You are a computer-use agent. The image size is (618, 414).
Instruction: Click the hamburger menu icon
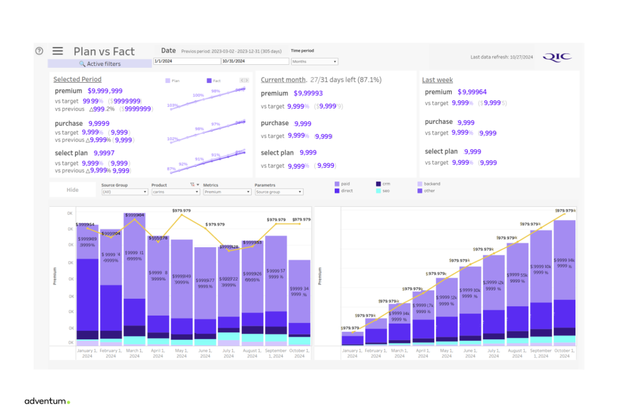pos(58,51)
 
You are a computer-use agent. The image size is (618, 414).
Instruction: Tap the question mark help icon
pos(39,51)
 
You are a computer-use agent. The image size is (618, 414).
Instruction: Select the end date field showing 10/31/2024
pos(254,61)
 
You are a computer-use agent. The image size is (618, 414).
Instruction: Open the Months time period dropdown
pos(314,62)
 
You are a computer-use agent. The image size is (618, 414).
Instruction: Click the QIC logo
pos(557,57)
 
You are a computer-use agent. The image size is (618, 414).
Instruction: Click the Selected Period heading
pos(77,79)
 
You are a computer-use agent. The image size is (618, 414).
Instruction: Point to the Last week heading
pos(437,80)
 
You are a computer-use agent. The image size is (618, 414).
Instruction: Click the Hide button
pos(73,190)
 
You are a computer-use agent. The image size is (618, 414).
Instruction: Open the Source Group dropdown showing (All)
pos(125,192)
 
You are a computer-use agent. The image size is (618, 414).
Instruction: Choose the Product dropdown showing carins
pos(175,192)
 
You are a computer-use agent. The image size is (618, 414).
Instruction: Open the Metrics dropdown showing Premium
pos(227,192)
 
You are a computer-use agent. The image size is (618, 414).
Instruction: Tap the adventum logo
pos(47,401)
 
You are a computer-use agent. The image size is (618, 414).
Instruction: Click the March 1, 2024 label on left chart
pos(135,353)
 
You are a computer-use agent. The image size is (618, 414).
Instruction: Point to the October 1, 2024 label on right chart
pos(564,353)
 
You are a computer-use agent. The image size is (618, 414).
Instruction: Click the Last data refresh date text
pos(501,57)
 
